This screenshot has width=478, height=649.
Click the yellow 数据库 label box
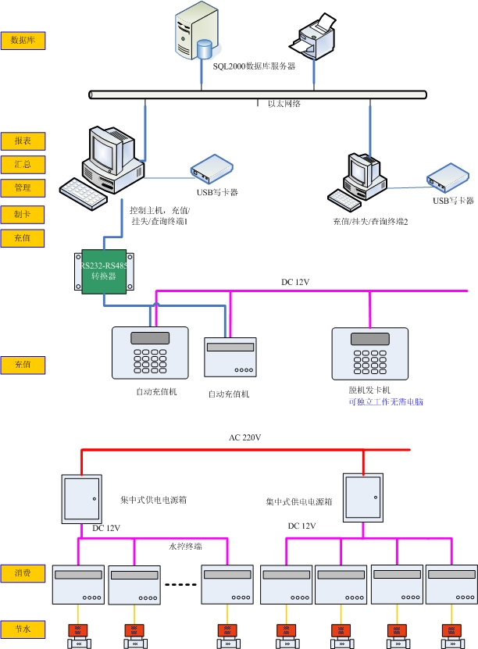[x=23, y=40]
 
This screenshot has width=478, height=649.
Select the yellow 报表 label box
[x=23, y=141]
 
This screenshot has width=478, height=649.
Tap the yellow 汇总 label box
[x=23, y=164]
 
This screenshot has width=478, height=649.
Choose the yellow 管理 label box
[x=23, y=188]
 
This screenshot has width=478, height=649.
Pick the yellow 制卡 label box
[x=23, y=214]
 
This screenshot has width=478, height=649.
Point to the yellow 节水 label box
[x=23, y=629]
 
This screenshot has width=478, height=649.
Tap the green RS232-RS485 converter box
[x=104, y=271]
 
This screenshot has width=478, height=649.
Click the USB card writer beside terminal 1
[x=212, y=166]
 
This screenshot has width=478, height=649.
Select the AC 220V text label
[x=244, y=437]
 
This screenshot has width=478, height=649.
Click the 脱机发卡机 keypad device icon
[x=369, y=352]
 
